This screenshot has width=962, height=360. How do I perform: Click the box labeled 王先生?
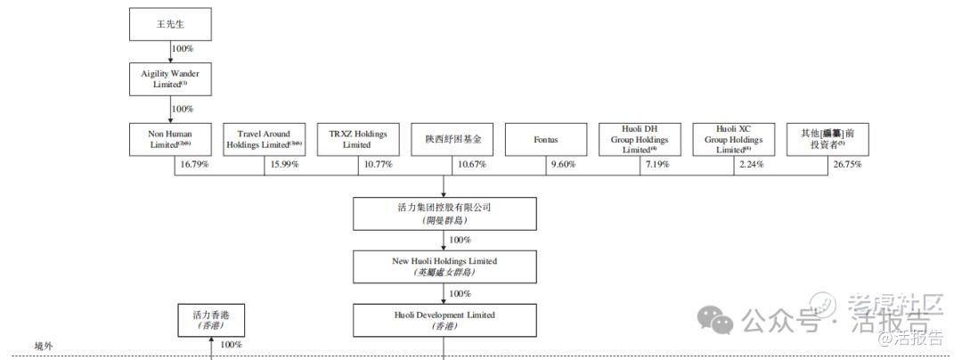click(x=170, y=24)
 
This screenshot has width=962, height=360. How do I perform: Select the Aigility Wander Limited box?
click(x=170, y=78)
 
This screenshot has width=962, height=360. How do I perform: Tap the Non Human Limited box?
click(x=170, y=140)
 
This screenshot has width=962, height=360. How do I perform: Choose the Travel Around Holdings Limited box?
click(x=265, y=140)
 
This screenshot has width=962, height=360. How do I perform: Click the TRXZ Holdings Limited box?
click(x=358, y=140)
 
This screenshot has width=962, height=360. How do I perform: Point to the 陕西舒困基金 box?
click(x=452, y=140)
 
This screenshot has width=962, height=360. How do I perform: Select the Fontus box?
click(x=546, y=140)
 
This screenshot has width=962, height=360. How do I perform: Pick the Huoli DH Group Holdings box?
click(x=640, y=140)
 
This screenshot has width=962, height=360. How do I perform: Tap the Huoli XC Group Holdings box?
click(x=734, y=140)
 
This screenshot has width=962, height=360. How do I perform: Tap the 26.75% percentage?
click(x=846, y=165)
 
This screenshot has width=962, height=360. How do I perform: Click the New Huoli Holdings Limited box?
click(x=444, y=266)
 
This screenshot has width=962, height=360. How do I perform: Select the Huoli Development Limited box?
click(x=444, y=320)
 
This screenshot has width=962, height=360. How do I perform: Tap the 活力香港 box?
click(x=210, y=321)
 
